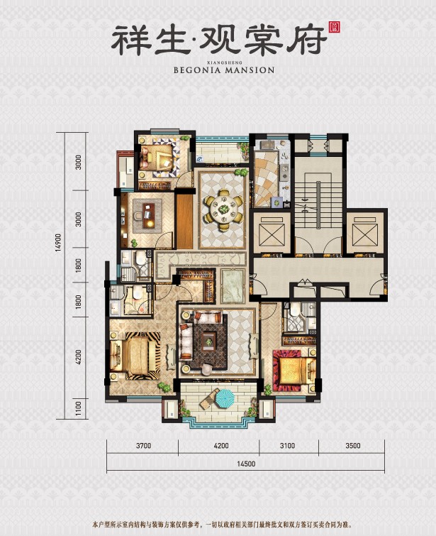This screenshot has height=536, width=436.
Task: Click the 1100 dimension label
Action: pos(79,409)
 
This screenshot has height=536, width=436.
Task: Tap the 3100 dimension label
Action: pos(288,447)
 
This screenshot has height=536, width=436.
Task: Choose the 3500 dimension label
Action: pos(352,447)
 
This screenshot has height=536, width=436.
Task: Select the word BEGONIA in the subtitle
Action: pos(198,70)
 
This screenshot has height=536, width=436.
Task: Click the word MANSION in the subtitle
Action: pos(249,70)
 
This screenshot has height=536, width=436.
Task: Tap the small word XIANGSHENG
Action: pos(223,61)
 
